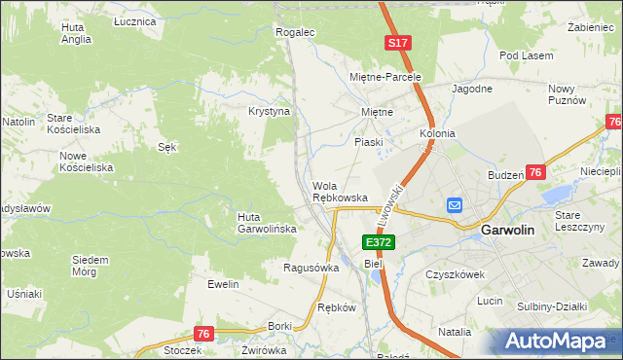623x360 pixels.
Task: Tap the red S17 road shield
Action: tap(397, 44)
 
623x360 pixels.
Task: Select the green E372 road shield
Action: tap(378, 241)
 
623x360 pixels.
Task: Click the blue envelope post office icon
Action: tap(455, 205)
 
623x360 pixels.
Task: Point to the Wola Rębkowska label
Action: tap(340, 192)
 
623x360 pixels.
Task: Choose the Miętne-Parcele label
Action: tap(385, 76)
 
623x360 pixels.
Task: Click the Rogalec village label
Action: tap(296, 32)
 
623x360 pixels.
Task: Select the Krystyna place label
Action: tap(270, 112)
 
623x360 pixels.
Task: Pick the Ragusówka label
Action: tap(311, 268)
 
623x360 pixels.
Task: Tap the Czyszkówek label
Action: tap(455, 274)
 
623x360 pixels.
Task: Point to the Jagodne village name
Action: tap(471, 89)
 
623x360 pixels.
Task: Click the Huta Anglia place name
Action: tap(75, 34)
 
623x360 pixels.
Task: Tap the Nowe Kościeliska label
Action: tap(87, 162)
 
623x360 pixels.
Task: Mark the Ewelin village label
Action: tap(223, 284)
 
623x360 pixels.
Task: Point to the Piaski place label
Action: tap(368, 142)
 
